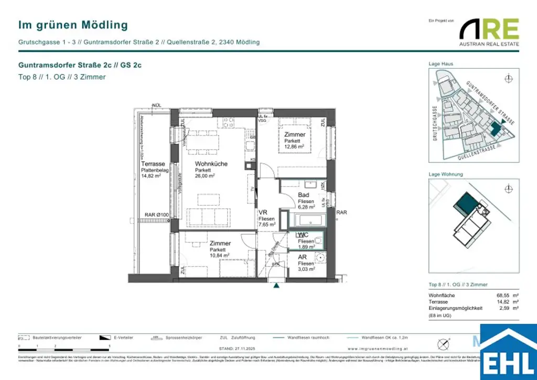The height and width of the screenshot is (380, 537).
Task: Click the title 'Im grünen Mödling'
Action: (x=73, y=25)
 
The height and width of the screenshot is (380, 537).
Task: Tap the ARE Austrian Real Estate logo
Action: (x=489, y=31)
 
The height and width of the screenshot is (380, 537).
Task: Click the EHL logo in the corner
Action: (x=507, y=353)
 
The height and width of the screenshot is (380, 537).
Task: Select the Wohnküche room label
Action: (x=211, y=164)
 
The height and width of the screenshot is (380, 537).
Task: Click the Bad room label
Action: (x=304, y=195)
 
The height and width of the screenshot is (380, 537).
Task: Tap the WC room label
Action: (x=303, y=235)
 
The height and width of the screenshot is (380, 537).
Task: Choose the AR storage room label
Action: (x=303, y=258)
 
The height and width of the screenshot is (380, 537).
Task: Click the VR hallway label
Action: (x=263, y=213)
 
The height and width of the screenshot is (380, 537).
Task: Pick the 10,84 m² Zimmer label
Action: (x=220, y=244)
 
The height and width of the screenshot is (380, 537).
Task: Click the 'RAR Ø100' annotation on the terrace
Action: (x=156, y=215)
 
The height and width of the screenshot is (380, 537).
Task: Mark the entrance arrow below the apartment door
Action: (x=275, y=287)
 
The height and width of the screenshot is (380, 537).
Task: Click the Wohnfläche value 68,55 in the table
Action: (x=504, y=295)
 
